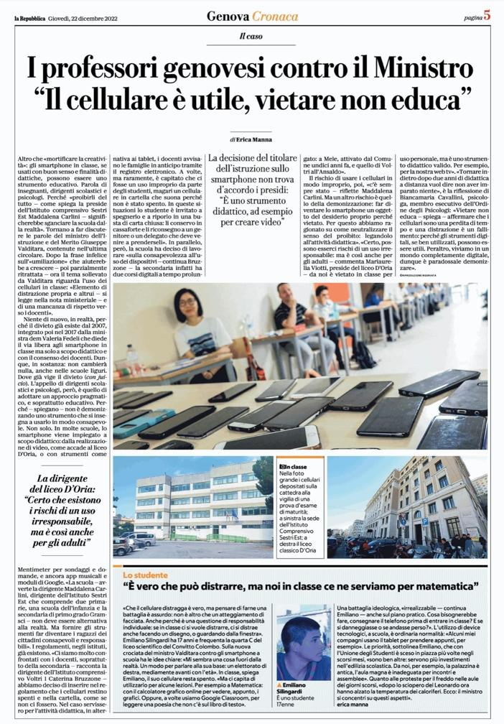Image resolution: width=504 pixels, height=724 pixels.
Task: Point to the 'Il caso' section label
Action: point(251,37)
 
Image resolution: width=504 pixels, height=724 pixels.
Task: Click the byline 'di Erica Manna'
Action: point(252,139)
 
